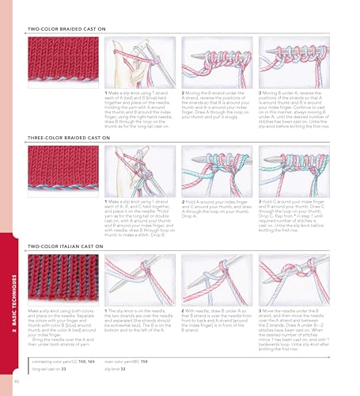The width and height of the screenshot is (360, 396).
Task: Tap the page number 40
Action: (x=17, y=384)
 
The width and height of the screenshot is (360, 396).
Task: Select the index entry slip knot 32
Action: (x=119, y=368)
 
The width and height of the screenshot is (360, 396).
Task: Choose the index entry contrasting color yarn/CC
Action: (x=63, y=361)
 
